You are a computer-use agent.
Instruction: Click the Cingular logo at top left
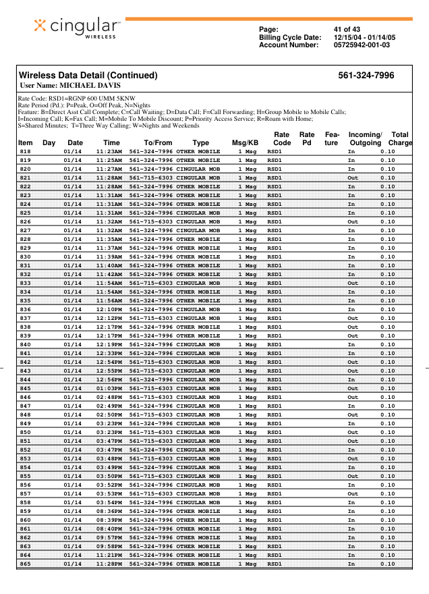78,27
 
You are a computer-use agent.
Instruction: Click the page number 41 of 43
347,29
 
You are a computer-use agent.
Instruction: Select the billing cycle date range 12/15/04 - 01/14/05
365,37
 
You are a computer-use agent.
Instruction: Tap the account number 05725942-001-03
362,45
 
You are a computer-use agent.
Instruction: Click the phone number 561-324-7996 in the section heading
366,76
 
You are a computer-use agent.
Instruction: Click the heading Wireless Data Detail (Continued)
88,76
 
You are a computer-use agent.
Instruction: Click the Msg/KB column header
245,143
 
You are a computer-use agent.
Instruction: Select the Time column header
111,143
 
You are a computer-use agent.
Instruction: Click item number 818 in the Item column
25,151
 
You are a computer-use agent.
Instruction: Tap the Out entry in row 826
353,221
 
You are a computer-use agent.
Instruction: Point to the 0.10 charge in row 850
388,432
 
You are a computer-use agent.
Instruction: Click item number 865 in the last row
25,564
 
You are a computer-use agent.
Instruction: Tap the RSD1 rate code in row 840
275,344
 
